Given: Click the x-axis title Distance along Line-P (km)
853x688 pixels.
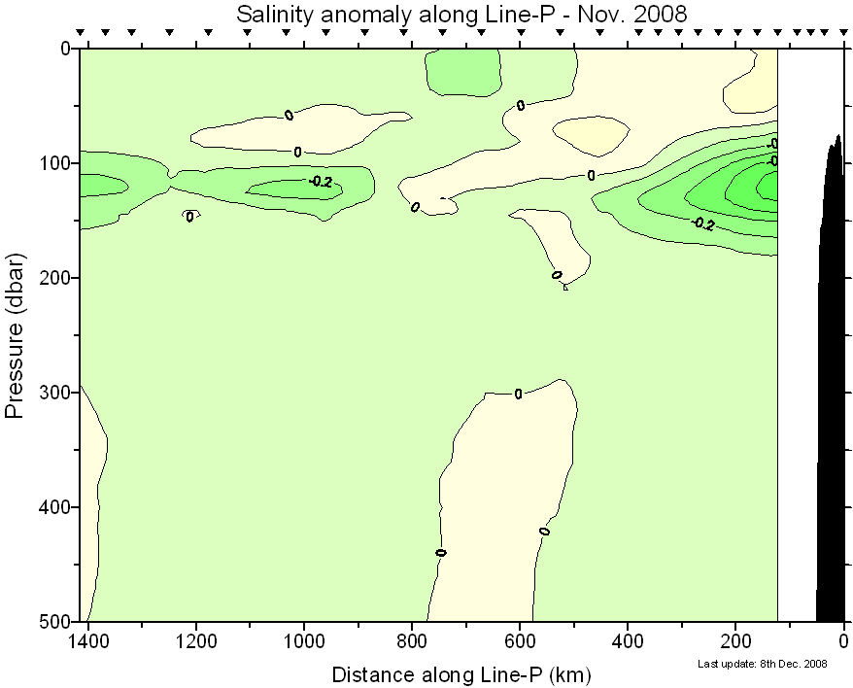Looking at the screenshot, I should coord(461,673).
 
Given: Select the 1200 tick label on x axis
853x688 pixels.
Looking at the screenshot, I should coord(196,641).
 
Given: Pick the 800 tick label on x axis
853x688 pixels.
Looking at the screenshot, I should coord(412,641).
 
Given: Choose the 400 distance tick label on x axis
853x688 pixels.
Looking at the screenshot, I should coord(628,641).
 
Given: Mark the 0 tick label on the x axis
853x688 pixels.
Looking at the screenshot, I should coord(843,641).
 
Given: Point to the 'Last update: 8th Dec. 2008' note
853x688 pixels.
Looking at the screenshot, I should coord(763,664).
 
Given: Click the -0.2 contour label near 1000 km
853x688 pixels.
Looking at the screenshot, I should coord(321,181).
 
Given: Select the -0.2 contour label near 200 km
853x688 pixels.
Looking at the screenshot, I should coord(703,224).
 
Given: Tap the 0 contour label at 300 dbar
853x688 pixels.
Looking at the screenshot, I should coord(518,394).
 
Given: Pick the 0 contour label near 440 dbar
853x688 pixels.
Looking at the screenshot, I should coord(441,552).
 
